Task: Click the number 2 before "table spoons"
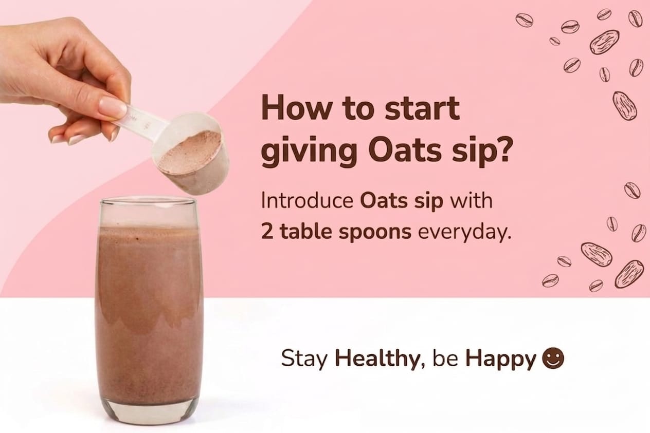(x=267, y=232)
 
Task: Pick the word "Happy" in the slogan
(x=500, y=360)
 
